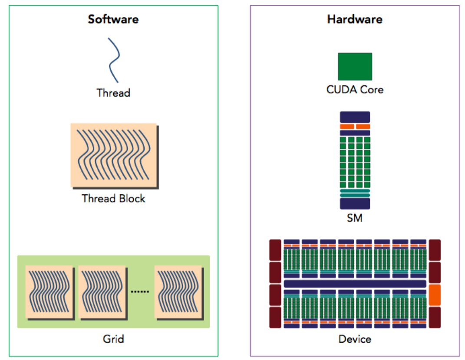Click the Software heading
pyautogui.click(x=113, y=20)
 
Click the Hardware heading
pyautogui.click(x=355, y=20)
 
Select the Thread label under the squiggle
pyautogui.click(x=113, y=93)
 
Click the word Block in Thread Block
pyautogui.click(x=131, y=199)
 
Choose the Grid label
pyautogui.click(x=113, y=338)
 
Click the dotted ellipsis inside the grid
pyautogui.click(x=140, y=291)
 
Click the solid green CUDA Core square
pyautogui.click(x=355, y=66)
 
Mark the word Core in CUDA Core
pyautogui.click(x=372, y=90)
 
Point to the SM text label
pyautogui.click(x=355, y=218)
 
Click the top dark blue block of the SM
pyautogui.click(x=355, y=117)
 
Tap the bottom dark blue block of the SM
pyautogui.click(x=355, y=204)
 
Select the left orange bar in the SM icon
pyautogui.click(x=347, y=127)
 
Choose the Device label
pyautogui.click(x=355, y=339)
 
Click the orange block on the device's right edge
pyautogui.click(x=434, y=295)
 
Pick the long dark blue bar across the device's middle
pyautogui.click(x=355, y=284)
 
